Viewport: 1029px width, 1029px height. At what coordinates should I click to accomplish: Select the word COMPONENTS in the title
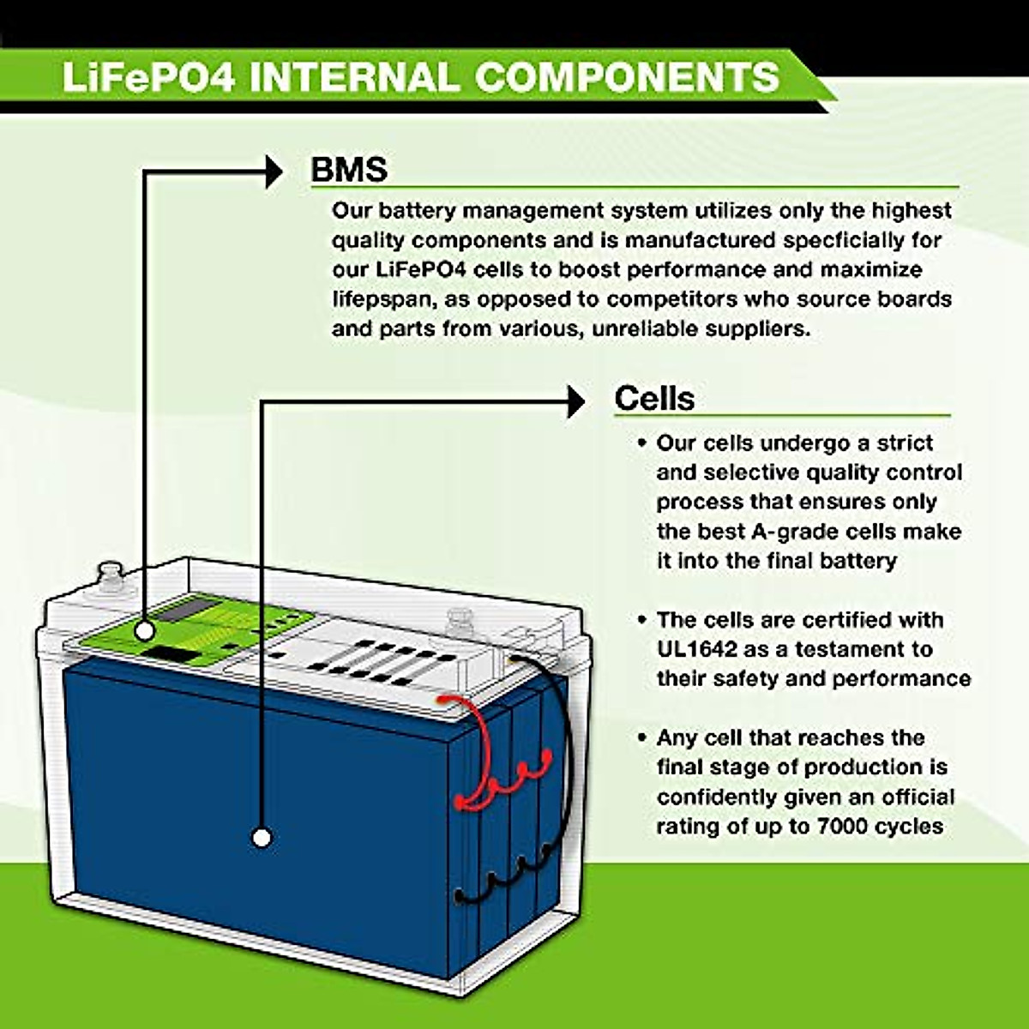click(627, 77)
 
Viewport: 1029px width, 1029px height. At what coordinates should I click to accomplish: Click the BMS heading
click(349, 170)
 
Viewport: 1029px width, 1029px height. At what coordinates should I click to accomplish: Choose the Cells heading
click(654, 399)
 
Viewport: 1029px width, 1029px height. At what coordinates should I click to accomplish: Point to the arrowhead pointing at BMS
click(274, 172)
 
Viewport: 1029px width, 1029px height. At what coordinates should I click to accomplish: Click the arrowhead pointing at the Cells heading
click(575, 401)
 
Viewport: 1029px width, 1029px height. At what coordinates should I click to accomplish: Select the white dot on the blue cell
click(262, 837)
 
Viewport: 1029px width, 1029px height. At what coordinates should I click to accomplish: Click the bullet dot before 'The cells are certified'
click(641, 620)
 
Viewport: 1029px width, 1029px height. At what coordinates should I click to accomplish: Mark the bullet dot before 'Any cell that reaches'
click(641, 738)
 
